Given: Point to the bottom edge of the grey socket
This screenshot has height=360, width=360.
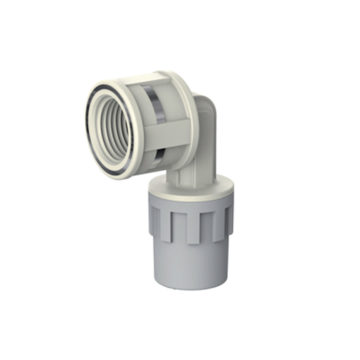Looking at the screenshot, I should (x=189, y=282).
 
